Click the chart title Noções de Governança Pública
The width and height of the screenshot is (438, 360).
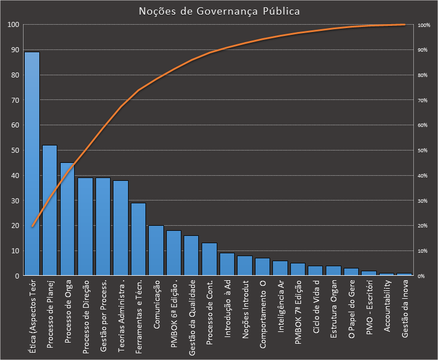pyautogui.click(x=219, y=11)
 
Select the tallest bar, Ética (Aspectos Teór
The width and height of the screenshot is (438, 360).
pyautogui.click(x=32, y=163)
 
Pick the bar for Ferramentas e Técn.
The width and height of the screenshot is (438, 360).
pyautogui.click(x=138, y=239)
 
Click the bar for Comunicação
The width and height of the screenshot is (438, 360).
pyautogui.click(x=156, y=250)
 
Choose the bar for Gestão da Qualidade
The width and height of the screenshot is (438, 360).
pyautogui.click(x=191, y=256)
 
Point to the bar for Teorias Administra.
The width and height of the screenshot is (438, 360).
pyautogui.click(x=121, y=228)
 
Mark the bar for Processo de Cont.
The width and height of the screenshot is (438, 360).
pyautogui.click(x=209, y=259)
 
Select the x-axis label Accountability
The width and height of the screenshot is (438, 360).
pyautogui.click(x=388, y=308)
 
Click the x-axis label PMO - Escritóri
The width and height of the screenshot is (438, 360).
pyautogui.click(x=370, y=309)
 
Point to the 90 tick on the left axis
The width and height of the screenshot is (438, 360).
pyautogui.click(x=13, y=50)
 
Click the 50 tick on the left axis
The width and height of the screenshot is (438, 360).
pyautogui.click(x=13, y=151)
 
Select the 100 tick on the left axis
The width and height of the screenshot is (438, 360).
pyautogui.click(x=12, y=25)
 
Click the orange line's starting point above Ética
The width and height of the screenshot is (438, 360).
pyautogui.click(x=32, y=226)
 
